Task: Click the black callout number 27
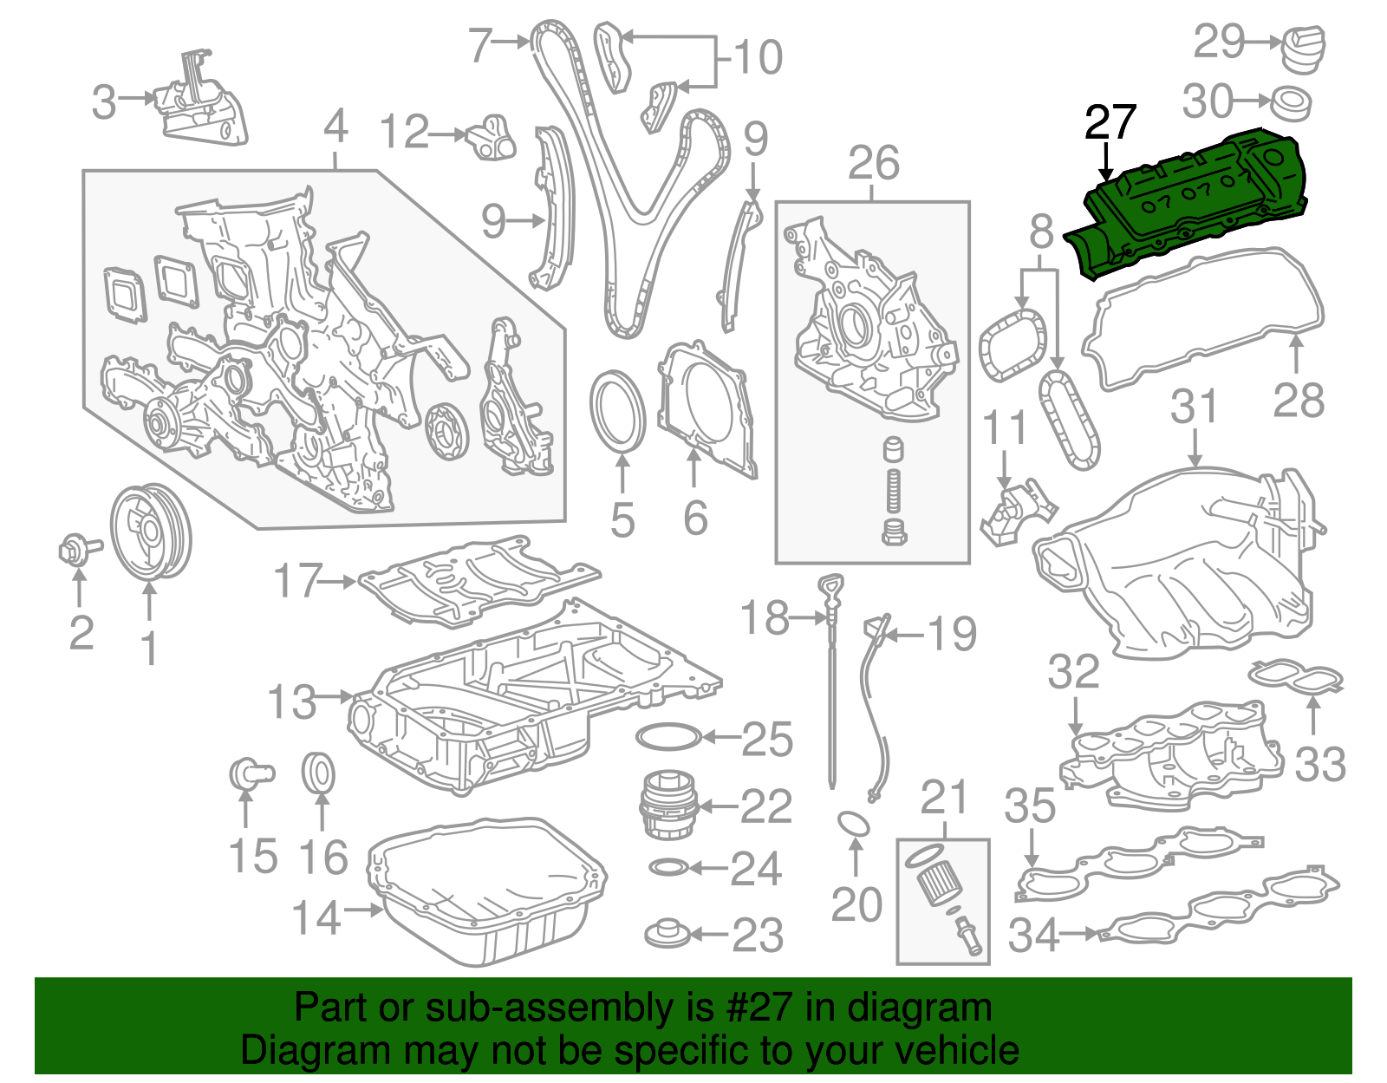1110,123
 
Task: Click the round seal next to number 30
1291,103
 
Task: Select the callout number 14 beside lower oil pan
316,917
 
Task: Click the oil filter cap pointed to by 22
667,806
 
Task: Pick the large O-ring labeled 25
668,737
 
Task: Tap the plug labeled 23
668,934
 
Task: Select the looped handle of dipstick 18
831,589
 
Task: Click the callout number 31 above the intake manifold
1194,408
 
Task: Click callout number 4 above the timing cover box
335,127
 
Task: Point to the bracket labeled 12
492,137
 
